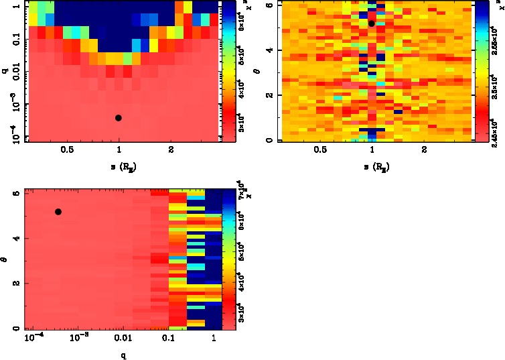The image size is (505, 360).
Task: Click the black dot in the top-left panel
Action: [119, 118]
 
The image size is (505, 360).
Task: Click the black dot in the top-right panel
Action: [372, 23]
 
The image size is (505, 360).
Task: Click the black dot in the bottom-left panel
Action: [58, 212]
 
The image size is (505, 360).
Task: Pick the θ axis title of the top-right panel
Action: [259, 71]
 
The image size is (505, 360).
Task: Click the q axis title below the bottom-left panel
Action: [123, 356]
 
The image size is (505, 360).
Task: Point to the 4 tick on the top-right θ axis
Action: [269, 50]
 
